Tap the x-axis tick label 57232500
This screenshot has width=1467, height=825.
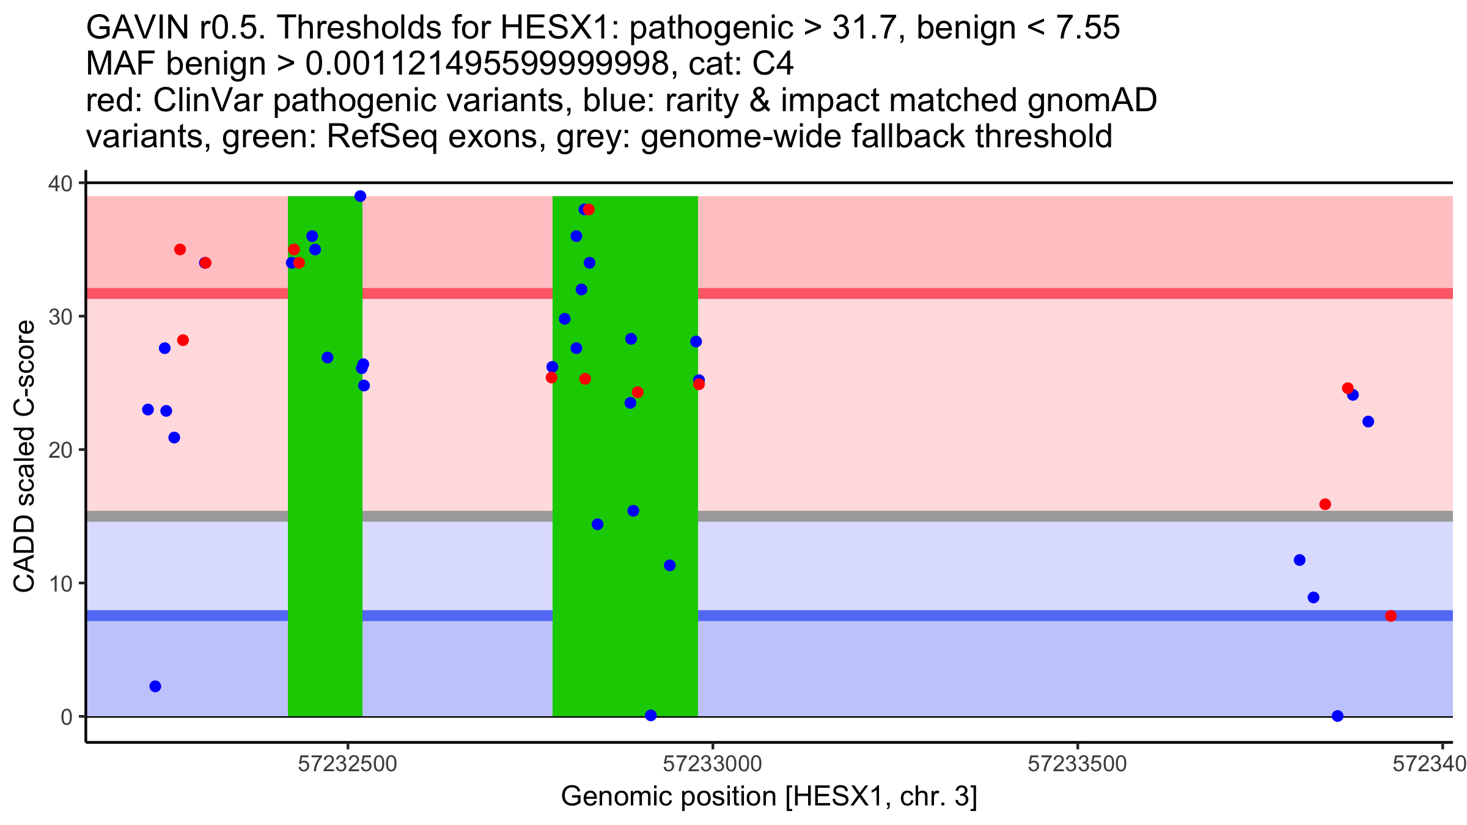[x=348, y=764]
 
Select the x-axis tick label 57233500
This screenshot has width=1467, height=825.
[x=1077, y=764]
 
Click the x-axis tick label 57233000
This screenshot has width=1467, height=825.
[x=713, y=764]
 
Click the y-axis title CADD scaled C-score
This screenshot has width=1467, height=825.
[x=24, y=458]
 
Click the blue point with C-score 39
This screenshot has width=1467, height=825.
[x=360, y=196]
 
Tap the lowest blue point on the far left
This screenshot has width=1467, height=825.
[x=155, y=686]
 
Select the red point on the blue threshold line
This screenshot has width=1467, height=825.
[x=1391, y=615]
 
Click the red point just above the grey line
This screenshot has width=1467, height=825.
[x=1325, y=504]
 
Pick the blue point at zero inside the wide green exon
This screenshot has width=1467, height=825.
[x=651, y=715]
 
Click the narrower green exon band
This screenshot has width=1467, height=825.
[x=325, y=456]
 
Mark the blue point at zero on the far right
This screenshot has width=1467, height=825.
[x=1337, y=716]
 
